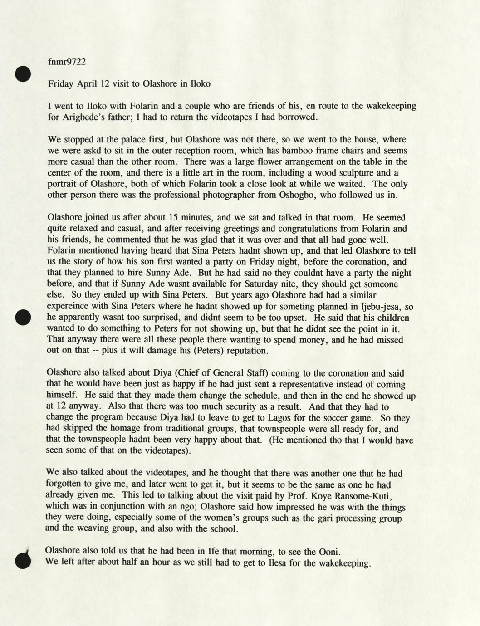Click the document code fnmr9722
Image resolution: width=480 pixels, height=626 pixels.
[x=66, y=62]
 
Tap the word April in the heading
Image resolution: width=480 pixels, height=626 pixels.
[x=87, y=83]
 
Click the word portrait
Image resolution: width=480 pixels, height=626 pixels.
[x=63, y=184]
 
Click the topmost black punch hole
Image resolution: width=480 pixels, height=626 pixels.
[x=22, y=74]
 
